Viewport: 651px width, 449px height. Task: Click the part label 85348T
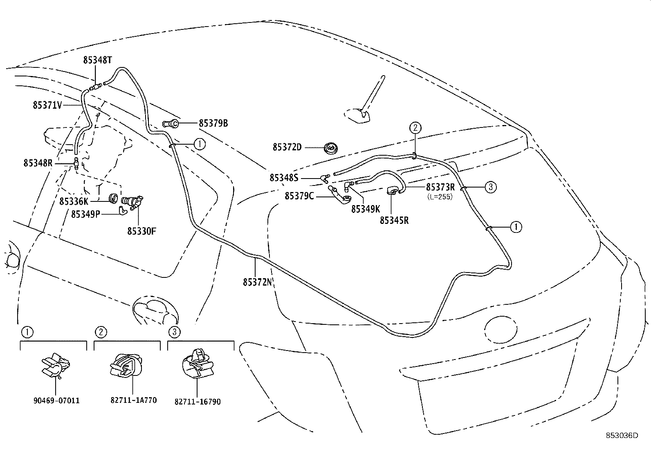pos(97,60)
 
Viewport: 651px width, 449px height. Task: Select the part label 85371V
pos(47,105)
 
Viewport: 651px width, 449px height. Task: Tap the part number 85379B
pos(213,123)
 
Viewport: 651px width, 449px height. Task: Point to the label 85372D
pos(287,147)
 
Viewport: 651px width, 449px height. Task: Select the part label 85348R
pos(38,163)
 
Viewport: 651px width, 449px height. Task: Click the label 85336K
pos(74,201)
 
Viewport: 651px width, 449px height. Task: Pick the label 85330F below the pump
pos(141,231)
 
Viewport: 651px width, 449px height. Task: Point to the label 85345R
pos(394,220)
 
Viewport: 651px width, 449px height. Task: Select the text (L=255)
pos(440,197)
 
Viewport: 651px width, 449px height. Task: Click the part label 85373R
pos(440,187)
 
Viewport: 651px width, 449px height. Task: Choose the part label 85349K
pos(366,209)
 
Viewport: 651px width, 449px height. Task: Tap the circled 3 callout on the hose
pos(491,188)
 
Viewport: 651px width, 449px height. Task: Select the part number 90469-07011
pos(56,401)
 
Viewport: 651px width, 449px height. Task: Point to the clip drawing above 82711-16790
pos(197,363)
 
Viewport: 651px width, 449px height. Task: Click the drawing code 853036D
pos(622,436)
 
